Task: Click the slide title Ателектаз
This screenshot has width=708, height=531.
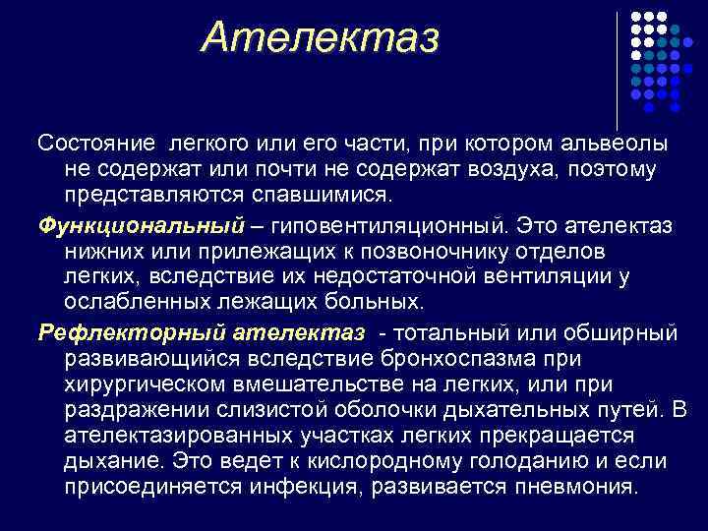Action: pyautogui.click(x=320, y=38)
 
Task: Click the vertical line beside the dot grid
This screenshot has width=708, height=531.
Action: pyautogui.click(x=617, y=61)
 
